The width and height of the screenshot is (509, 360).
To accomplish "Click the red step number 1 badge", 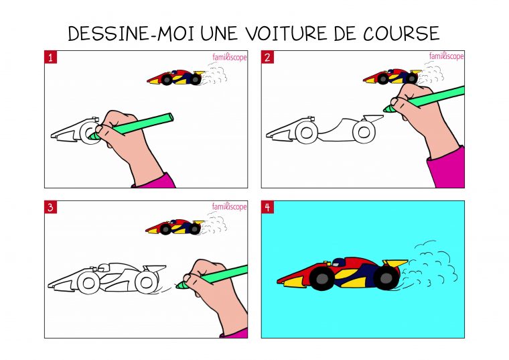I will [x=51, y=58].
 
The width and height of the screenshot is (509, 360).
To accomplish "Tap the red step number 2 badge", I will [x=267, y=58].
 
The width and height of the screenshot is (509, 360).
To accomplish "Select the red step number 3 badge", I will [x=51, y=207].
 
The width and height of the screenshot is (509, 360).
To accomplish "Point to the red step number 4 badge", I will [x=267, y=207].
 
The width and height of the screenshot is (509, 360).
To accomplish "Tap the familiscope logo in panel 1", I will [x=230, y=58].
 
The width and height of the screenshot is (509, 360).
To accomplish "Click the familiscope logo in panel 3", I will [x=230, y=207].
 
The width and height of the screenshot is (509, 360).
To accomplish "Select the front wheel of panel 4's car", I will [x=321, y=278].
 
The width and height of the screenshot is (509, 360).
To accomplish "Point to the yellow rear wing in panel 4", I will [x=395, y=262].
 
